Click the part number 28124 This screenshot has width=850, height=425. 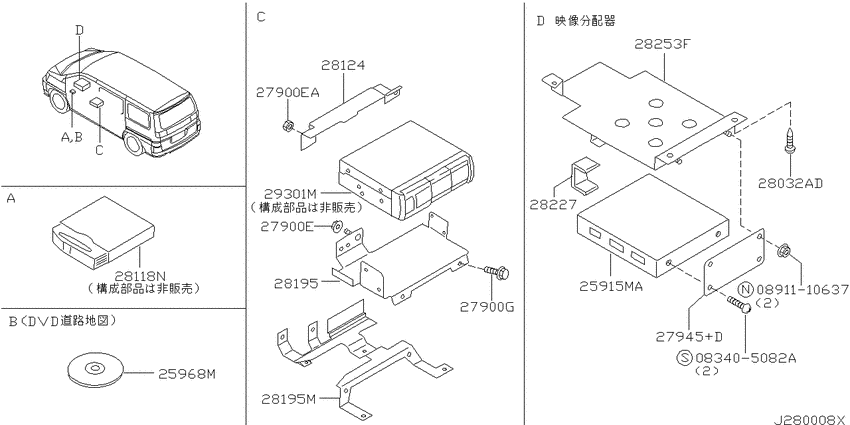[x=343, y=66]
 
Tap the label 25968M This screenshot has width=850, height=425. [x=187, y=374]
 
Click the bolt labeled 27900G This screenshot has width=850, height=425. [x=496, y=272]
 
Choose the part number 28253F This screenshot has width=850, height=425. [x=664, y=46]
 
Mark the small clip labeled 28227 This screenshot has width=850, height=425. [x=586, y=176]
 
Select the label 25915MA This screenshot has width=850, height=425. [x=611, y=286]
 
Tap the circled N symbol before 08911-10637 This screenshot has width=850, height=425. [x=748, y=289]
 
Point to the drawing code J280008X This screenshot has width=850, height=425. [x=810, y=419]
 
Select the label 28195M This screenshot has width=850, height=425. [x=288, y=400]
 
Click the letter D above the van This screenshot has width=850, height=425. [x=79, y=31]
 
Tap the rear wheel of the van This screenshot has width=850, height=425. [x=133, y=143]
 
